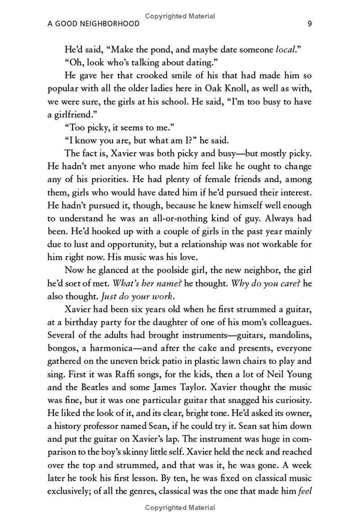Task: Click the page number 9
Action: [309, 24]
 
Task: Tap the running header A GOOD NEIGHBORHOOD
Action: [94, 24]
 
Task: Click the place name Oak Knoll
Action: [225, 89]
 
